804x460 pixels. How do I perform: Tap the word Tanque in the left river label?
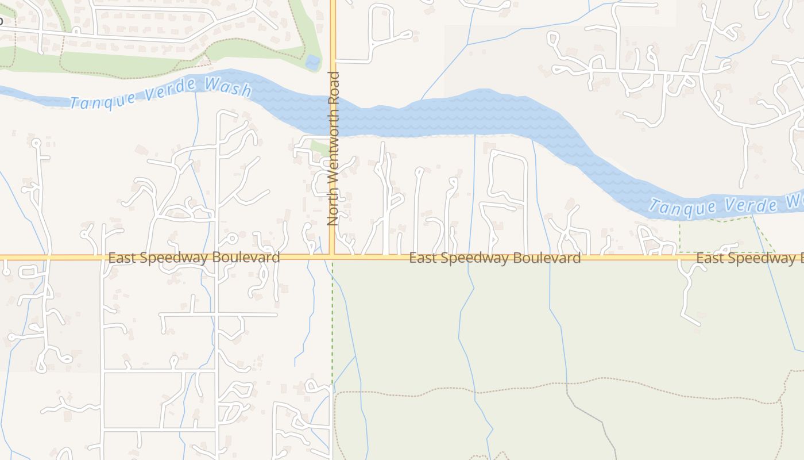[x=95, y=101]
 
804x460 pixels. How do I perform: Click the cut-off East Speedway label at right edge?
[x=747, y=258]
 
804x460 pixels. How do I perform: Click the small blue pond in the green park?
[x=312, y=62]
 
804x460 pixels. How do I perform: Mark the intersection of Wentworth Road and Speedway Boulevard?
[x=333, y=256]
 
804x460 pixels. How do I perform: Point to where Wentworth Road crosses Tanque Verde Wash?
[x=333, y=115]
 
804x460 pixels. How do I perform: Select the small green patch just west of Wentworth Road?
[x=319, y=147]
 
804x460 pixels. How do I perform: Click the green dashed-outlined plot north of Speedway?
[x=718, y=236]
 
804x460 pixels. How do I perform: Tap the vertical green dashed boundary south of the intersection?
[x=332, y=322]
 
